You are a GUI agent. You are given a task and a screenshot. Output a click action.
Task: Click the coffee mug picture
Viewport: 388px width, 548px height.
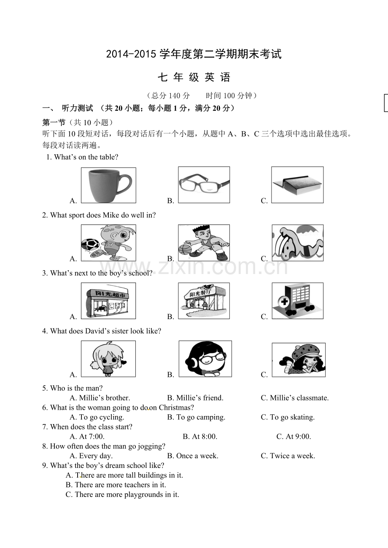pos(108,185)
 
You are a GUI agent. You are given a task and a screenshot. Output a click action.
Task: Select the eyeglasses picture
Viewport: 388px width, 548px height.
pos(204,185)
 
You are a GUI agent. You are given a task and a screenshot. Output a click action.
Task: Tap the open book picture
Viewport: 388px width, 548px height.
pos(297,185)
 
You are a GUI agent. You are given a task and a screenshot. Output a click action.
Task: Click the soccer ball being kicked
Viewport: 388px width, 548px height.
pos(90,244)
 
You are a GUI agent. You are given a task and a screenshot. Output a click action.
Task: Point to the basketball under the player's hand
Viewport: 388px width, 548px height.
pos(185,250)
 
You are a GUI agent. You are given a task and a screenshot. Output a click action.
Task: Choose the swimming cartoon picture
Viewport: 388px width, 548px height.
pos(298,243)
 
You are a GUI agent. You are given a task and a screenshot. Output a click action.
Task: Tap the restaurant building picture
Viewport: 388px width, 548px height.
pos(204,301)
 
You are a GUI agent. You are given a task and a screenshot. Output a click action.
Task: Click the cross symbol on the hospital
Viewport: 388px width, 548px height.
pos(284,301)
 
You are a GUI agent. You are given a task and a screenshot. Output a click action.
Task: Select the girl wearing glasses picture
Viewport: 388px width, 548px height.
pos(205,359)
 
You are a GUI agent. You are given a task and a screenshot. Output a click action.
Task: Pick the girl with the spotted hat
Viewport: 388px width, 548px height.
pos(299,360)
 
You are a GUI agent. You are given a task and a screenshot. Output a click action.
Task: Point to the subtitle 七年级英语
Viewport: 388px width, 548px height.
pos(194,77)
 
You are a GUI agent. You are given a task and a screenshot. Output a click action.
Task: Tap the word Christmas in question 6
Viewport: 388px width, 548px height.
pos(176,408)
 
